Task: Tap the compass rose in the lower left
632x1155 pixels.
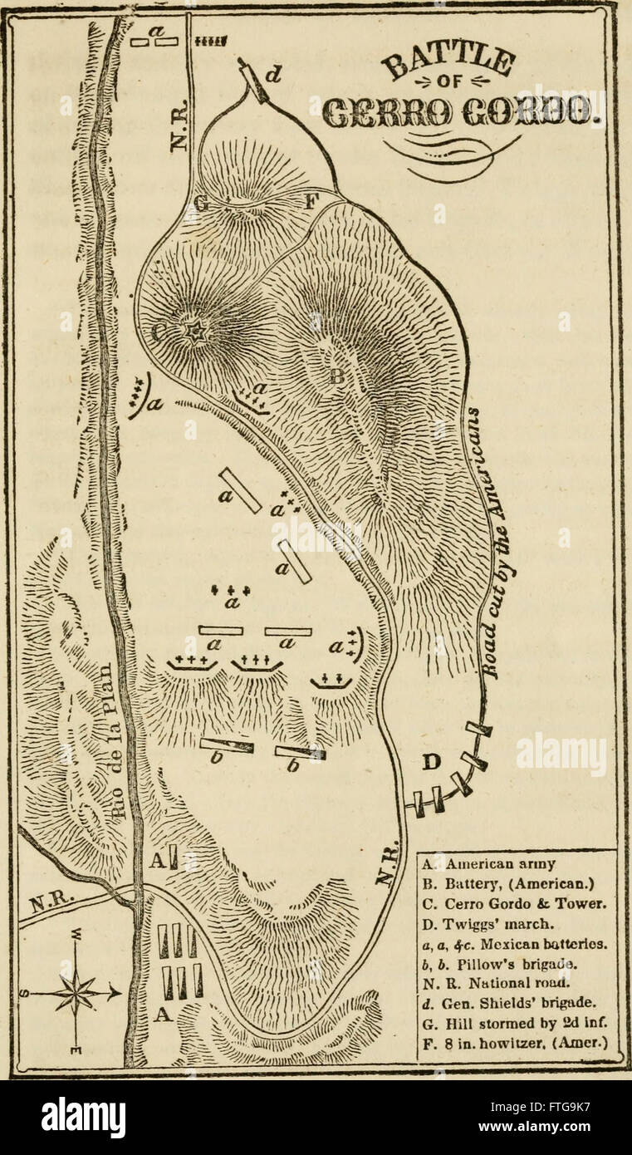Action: tap(76, 991)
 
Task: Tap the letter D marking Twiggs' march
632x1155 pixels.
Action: tap(432, 761)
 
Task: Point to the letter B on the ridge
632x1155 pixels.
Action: tap(336, 376)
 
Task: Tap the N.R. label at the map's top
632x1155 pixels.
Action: tap(180, 130)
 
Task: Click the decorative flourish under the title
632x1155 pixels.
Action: tap(453, 153)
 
